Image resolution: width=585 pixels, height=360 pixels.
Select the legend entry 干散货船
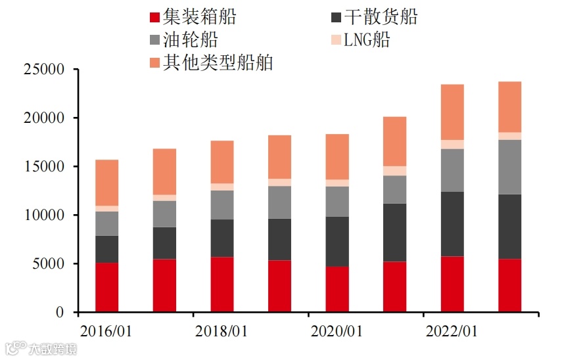(x=372, y=16)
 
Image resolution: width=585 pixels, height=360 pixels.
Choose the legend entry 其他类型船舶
(x=210, y=62)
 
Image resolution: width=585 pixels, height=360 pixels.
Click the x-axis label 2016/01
(x=106, y=331)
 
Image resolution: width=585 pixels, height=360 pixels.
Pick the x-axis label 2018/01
(x=222, y=331)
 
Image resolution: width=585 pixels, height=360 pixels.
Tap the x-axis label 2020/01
(x=337, y=331)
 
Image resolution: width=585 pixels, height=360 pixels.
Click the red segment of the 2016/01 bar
(x=107, y=287)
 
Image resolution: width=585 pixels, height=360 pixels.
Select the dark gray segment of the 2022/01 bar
(x=452, y=223)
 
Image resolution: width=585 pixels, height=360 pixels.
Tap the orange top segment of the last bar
(x=510, y=106)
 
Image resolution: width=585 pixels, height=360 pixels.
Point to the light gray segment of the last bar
(x=510, y=167)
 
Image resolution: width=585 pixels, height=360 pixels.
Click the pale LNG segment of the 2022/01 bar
(x=452, y=145)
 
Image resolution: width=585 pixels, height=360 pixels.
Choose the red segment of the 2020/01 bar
(x=337, y=289)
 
